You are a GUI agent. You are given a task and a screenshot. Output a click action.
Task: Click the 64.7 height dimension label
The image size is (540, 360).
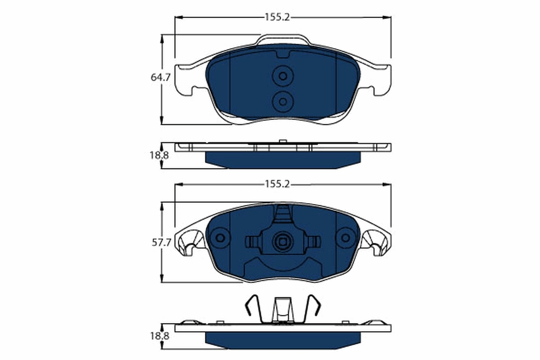[x=160, y=77]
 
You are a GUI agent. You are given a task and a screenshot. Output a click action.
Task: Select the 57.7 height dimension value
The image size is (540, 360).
[x=160, y=243]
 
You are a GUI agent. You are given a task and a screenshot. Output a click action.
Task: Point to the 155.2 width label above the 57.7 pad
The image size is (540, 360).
[x=277, y=184]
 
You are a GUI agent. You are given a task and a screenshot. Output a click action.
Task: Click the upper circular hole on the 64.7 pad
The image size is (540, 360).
[x=283, y=76]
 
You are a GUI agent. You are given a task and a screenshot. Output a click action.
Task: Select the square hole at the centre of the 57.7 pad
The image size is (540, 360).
[x=283, y=242]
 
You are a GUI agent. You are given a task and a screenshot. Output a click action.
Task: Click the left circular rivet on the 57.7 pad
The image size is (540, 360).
[x=220, y=238]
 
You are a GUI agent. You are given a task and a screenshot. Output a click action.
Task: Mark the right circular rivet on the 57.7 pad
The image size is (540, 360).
[x=346, y=238]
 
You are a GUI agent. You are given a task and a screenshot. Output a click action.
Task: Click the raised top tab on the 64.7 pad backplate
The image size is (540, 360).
[x=283, y=40]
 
